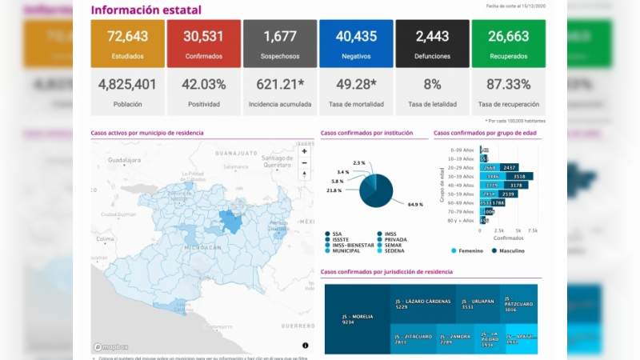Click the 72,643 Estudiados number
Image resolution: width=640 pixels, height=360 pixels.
click(x=128, y=36)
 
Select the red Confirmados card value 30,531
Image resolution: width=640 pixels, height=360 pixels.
click(x=204, y=36)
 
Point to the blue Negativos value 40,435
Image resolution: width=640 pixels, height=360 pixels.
click(x=356, y=36)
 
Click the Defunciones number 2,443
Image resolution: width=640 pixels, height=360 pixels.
click(x=432, y=36)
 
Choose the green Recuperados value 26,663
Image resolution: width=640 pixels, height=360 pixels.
click(x=508, y=36)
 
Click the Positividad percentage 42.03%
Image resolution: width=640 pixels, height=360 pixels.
click(x=204, y=84)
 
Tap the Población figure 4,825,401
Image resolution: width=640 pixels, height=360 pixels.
click(x=128, y=84)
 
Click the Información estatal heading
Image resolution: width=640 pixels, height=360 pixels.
click(x=146, y=10)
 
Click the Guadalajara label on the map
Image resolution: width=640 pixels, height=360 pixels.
click(x=124, y=160)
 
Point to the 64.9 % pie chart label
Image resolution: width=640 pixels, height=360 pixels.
click(x=414, y=205)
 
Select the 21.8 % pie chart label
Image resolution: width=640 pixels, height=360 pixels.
click(x=334, y=190)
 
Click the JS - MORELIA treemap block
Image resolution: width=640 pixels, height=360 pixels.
click(x=357, y=318)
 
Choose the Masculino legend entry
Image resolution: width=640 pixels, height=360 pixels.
click(x=510, y=250)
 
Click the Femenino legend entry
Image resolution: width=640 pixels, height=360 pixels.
click(x=469, y=250)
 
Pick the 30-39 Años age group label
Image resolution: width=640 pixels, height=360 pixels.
click(x=462, y=176)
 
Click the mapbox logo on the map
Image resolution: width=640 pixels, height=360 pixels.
click(x=109, y=347)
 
